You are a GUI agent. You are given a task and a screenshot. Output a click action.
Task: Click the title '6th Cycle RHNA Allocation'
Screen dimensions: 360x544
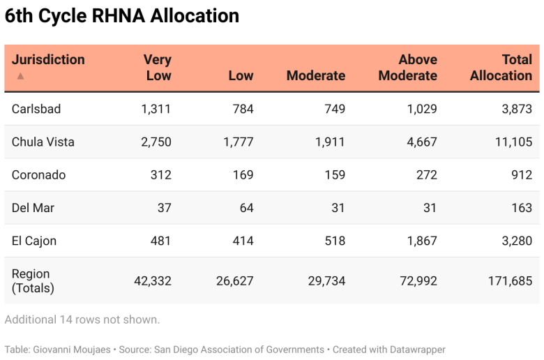point(122,15)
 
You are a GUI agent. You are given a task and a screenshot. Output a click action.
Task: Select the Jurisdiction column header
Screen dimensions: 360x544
point(48,60)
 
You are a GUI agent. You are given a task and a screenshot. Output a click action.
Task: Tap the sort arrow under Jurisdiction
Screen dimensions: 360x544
point(20,76)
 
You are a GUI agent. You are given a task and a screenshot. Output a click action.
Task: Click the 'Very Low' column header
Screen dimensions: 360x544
point(158,68)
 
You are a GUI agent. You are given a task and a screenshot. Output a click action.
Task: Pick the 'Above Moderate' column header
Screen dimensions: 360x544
point(408,68)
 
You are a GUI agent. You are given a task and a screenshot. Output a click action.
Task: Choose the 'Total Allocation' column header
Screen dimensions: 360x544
point(501,68)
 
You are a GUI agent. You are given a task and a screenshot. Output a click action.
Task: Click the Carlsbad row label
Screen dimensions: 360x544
point(36,109)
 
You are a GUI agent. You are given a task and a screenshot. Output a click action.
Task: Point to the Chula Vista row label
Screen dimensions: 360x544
point(43,142)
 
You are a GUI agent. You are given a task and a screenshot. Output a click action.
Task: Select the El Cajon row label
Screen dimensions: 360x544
point(34,241)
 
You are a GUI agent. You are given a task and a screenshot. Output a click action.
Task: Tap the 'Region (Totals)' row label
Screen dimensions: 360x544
point(33,280)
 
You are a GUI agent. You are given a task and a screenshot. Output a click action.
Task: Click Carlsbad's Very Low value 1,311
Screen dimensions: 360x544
point(156,109)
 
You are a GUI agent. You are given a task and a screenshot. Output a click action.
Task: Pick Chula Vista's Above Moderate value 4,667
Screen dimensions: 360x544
point(421,142)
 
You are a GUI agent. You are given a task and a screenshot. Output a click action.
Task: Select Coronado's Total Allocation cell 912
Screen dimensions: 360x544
point(521,175)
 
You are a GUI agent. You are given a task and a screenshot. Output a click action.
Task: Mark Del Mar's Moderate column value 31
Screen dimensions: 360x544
point(336,208)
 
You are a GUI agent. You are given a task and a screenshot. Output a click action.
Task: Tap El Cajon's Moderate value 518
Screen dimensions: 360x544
point(335,241)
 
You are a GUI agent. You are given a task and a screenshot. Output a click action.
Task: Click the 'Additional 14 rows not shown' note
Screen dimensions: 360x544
point(82,320)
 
